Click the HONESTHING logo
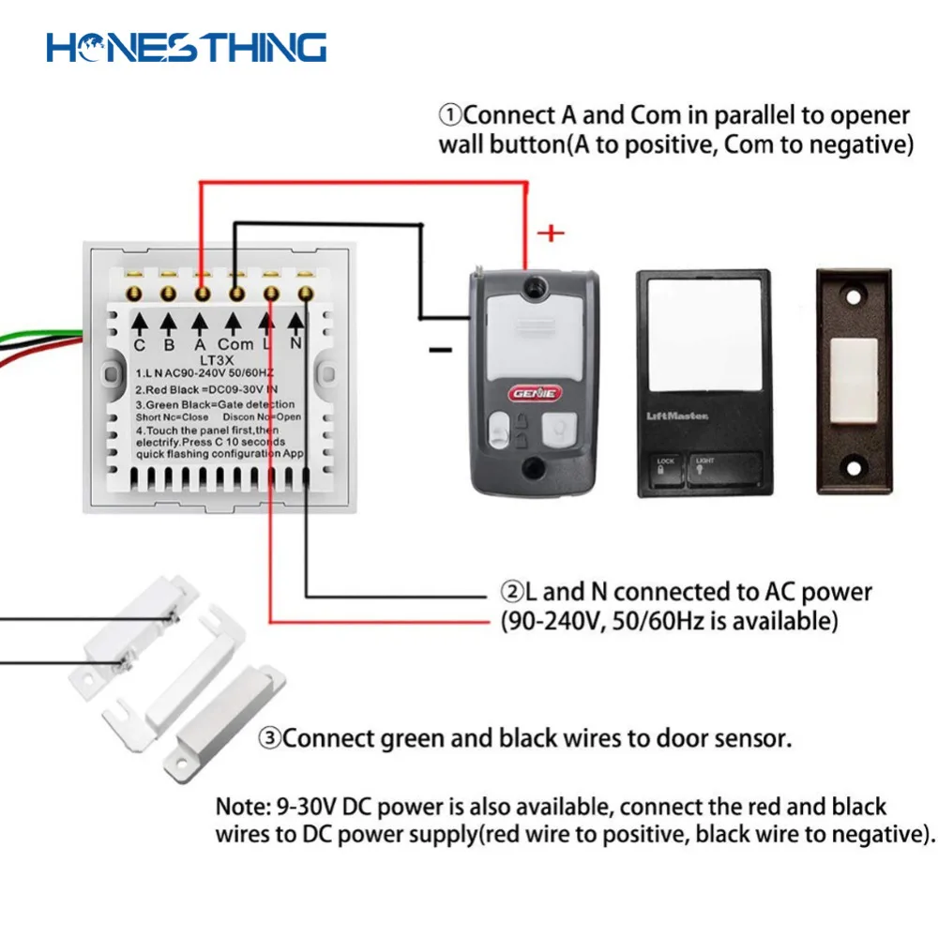[x=187, y=46]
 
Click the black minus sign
[x=439, y=350]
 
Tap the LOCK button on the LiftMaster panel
[x=666, y=466]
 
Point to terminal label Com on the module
[x=235, y=344]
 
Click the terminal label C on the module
[x=139, y=344]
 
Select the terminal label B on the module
[x=169, y=344]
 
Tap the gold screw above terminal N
[x=305, y=294]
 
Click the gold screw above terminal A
[x=202, y=294]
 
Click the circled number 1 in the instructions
[x=451, y=116]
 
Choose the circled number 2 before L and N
[x=511, y=593]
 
